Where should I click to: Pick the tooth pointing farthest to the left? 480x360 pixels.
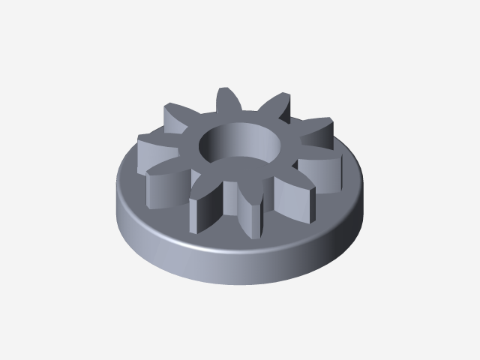click(x=154, y=142)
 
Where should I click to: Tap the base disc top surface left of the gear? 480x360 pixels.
click(x=131, y=184)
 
